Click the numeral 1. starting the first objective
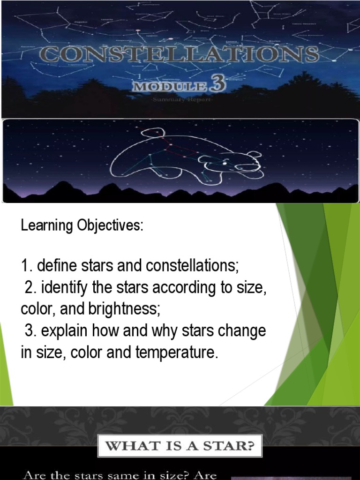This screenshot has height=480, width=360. tap(26, 266)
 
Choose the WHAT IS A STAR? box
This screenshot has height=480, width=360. tap(180, 446)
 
